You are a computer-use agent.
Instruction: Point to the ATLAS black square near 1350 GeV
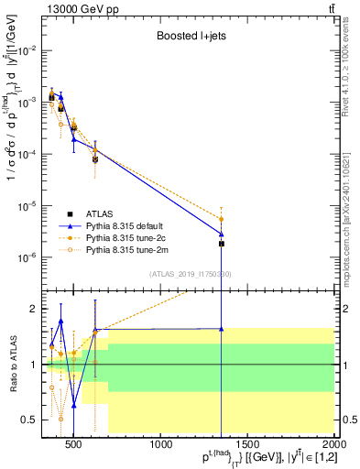222,244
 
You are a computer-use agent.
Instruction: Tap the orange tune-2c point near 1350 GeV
222,219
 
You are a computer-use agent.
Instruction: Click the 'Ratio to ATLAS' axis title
13,364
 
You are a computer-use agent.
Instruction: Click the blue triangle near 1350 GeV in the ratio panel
222,328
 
